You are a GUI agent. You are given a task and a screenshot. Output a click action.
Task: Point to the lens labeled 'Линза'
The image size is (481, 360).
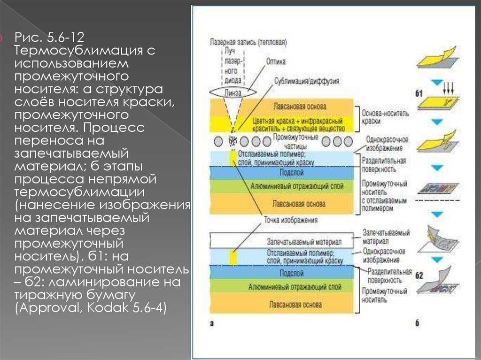click(233, 92)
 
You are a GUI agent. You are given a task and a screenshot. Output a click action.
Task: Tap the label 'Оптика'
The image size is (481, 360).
click(276, 61)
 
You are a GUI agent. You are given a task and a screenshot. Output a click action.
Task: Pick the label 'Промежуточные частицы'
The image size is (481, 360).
click(295, 140)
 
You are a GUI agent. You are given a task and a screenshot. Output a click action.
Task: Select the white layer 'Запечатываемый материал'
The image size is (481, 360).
click(282, 241)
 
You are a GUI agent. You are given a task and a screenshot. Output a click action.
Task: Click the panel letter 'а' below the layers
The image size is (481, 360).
click(212, 323)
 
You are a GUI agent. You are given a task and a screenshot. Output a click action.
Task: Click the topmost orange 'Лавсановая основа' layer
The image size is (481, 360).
click(295, 107)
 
